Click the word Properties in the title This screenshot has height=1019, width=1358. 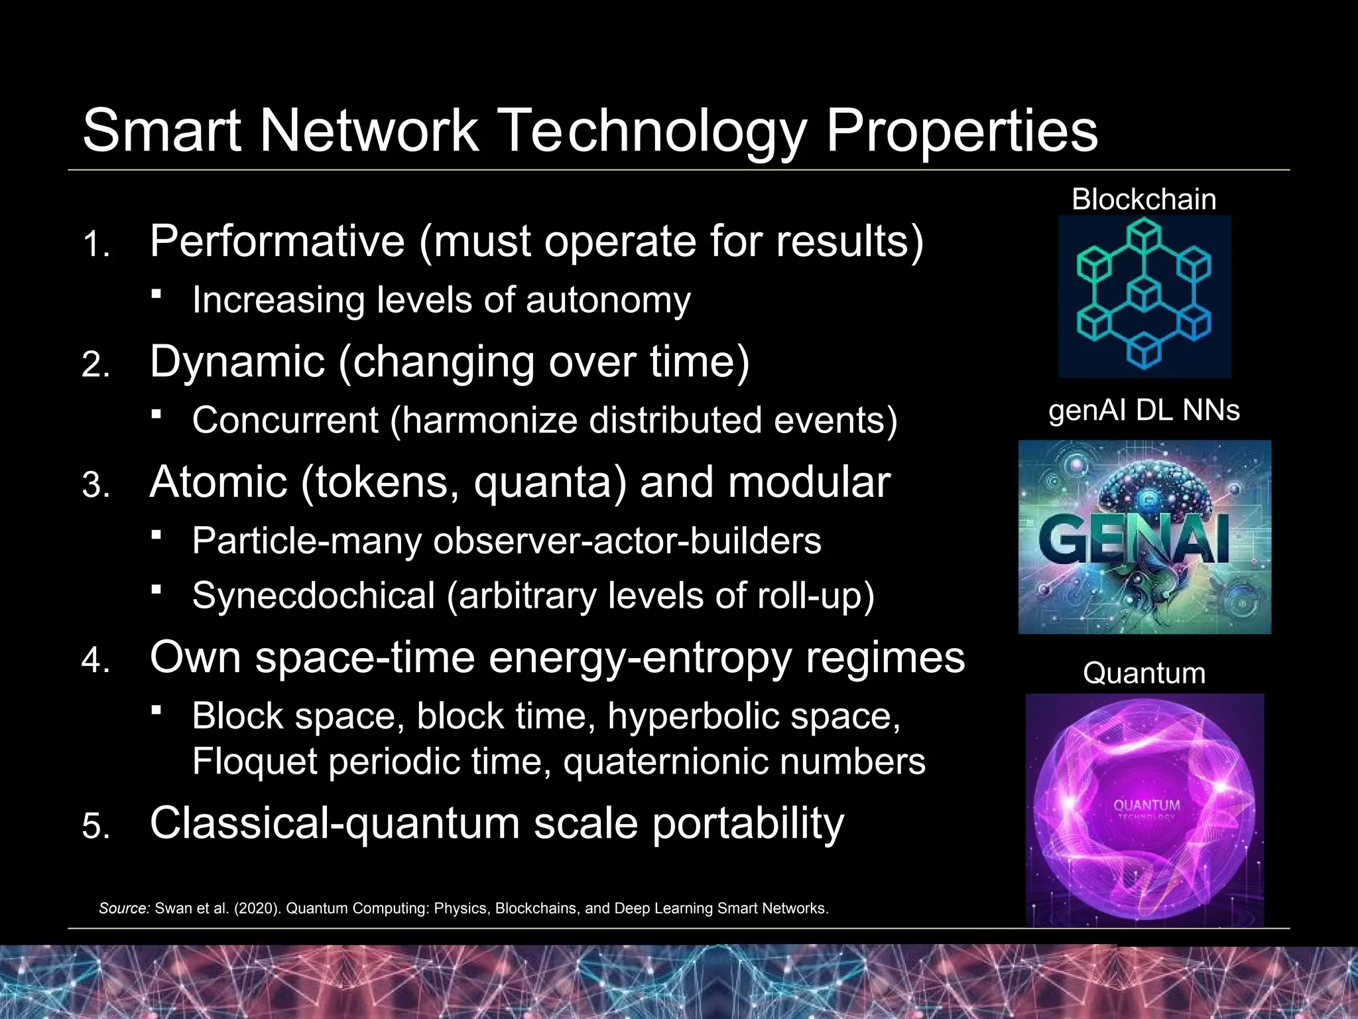tap(961, 131)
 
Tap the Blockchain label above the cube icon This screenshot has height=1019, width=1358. tap(1144, 200)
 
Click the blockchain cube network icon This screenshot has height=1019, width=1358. tap(1144, 296)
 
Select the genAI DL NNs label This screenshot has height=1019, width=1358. tap(1144, 411)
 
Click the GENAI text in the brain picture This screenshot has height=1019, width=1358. tap(1133, 539)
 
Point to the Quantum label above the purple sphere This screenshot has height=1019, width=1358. tap(1144, 673)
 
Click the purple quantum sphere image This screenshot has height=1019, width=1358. tap(1144, 809)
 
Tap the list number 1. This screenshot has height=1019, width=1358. tap(96, 245)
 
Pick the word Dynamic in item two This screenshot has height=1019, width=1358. tap(237, 362)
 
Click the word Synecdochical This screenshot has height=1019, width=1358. tap(313, 596)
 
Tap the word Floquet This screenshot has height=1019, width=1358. tap(254, 761)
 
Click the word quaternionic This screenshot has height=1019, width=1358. tap(664, 762)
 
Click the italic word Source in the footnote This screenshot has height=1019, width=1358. tap(125, 908)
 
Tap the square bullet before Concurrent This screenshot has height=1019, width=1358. tap(156, 414)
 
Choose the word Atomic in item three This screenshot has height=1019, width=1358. tap(218, 482)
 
